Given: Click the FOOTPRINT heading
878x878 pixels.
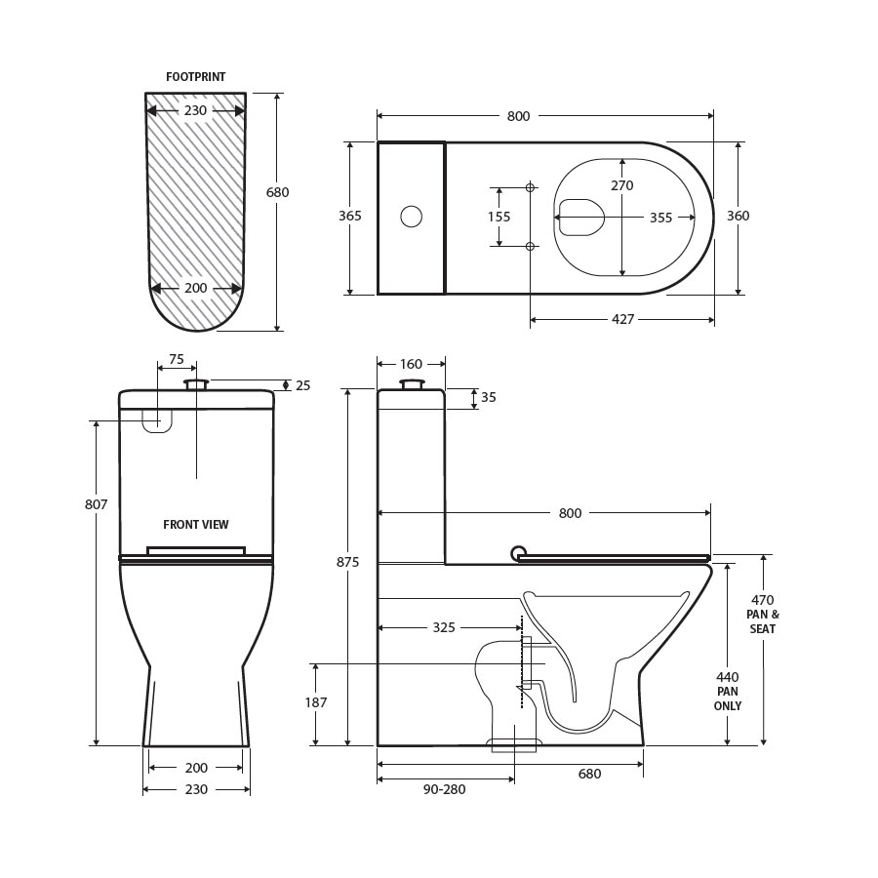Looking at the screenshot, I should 195,76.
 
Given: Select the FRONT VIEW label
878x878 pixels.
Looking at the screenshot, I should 196,525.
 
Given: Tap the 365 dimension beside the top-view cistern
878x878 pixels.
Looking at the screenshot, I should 350,216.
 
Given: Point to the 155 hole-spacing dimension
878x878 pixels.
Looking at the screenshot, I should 499,217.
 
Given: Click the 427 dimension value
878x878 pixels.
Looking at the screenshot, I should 622,319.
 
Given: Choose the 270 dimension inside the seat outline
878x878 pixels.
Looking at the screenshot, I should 622,185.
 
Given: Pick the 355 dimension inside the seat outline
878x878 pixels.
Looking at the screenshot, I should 660,218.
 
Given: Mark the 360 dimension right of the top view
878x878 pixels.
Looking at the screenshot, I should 738,216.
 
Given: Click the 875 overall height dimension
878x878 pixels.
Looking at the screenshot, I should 348,562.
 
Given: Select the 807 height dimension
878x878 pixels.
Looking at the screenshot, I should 97,504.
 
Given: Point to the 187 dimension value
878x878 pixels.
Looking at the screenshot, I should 316,701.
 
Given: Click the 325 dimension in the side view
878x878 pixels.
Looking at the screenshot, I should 444,627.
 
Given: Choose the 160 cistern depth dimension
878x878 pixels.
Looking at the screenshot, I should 411,364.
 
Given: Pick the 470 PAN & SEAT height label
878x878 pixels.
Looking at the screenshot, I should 763,615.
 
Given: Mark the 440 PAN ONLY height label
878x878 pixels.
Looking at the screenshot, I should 728,691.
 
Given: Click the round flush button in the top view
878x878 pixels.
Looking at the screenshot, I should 412,217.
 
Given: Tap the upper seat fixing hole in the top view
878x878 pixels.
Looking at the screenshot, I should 531,187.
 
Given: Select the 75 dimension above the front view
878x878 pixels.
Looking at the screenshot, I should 176,359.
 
